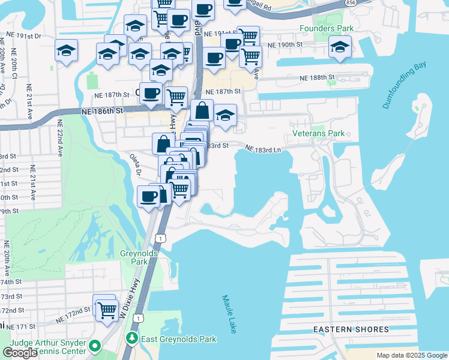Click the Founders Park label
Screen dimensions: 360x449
click(328, 28)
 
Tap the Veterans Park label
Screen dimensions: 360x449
click(318, 133)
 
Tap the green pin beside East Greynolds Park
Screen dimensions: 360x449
click(132, 338)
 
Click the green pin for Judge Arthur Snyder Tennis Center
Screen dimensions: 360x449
click(95, 346)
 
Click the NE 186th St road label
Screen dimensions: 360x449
click(103, 111)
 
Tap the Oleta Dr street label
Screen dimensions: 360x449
click(135, 164)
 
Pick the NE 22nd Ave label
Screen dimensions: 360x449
click(60, 138)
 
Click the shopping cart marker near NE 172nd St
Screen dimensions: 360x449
click(107, 310)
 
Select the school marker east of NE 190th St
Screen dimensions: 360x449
click(340, 48)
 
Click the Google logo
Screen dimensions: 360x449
click(20, 353)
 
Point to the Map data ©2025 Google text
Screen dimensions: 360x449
click(412, 355)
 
